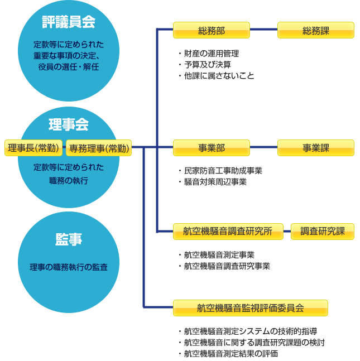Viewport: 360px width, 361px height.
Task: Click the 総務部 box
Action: [211, 30]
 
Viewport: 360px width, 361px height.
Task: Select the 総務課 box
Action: [315, 30]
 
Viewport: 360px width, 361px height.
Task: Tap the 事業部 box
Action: [211, 148]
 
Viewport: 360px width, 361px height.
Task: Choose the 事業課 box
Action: [315, 148]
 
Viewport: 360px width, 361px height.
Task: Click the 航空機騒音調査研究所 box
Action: [228, 232]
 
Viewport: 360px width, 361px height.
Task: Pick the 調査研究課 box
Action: [323, 232]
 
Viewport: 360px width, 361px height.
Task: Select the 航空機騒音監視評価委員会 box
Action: [251, 308]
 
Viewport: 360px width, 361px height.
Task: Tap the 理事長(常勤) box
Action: [33, 148]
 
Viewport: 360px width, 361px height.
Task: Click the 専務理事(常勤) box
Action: [99, 148]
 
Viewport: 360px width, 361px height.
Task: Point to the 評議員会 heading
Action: [69, 22]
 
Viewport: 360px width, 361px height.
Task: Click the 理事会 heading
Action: [69, 124]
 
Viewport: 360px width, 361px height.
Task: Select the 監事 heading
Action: [69, 239]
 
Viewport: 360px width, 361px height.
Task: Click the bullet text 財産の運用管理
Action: [212, 54]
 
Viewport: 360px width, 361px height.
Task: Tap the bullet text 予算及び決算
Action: [208, 65]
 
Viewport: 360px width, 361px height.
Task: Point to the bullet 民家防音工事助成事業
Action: [223, 171]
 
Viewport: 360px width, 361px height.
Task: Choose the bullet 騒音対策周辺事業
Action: [215, 182]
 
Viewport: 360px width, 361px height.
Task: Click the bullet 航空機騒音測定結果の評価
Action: [231, 354]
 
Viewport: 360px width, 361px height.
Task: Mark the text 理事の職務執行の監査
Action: [69, 267]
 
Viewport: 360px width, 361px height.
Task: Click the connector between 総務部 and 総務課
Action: [264, 30]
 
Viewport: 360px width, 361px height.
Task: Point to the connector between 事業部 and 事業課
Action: [264, 147]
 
